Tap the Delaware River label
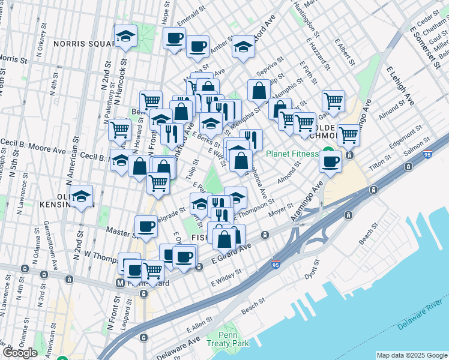click(x=422, y=316)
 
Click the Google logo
click(x=20, y=353)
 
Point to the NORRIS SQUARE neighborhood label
click(x=84, y=44)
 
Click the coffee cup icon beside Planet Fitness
click(x=331, y=160)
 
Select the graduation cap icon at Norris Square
click(x=125, y=36)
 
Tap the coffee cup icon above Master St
click(x=146, y=226)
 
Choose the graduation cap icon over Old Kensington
click(x=81, y=196)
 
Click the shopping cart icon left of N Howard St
click(x=120, y=128)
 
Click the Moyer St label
click(x=280, y=211)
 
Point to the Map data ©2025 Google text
click(x=411, y=355)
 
